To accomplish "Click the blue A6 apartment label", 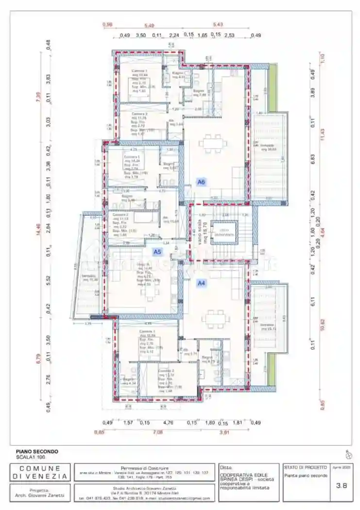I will (x=201, y=182).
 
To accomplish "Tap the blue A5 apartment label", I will (x=157, y=252).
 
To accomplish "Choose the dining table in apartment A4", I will (x=214, y=318).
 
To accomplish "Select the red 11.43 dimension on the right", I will (x=322, y=131).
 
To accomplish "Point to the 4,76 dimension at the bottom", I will (x=168, y=423).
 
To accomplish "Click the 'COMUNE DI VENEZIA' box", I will (x=40, y=473).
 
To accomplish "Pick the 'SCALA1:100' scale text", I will (x=30, y=457).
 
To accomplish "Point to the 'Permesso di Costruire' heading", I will (x=144, y=467).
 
